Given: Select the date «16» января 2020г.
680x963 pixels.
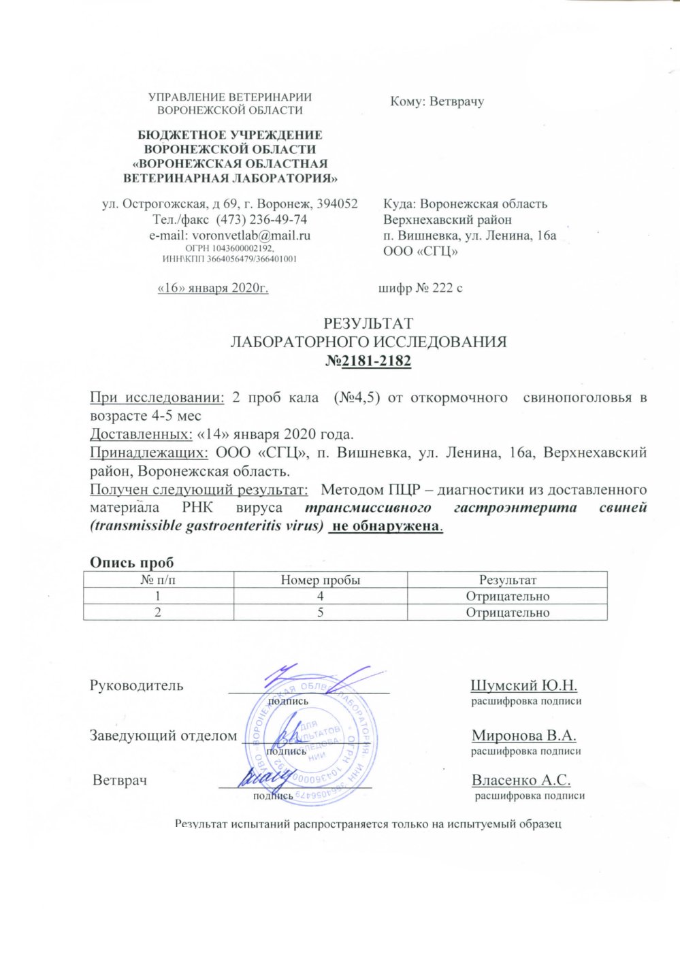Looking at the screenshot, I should click(x=213, y=288).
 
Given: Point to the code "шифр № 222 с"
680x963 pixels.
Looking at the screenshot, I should click(x=420, y=288).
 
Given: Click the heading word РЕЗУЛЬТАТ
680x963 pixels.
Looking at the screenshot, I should click(x=368, y=324).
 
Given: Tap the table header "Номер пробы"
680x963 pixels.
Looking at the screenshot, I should click(x=320, y=580).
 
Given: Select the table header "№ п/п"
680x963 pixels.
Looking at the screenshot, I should click(x=158, y=580).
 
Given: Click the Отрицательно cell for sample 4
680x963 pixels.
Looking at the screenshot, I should click(x=507, y=596).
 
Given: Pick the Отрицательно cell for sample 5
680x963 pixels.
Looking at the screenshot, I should click(x=507, y=613).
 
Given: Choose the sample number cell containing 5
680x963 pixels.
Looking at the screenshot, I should click(x=320, y=613).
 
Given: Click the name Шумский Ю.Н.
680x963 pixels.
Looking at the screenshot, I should click(x=523, y=685).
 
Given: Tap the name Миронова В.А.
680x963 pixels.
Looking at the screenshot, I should click(x=523, y=736).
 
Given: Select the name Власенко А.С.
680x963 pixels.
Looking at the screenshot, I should click(x=521, y=780).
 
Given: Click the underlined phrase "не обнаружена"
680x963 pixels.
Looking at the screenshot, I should click(x=385, y=526).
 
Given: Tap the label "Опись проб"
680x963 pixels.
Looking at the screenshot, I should click(x=132, y=562).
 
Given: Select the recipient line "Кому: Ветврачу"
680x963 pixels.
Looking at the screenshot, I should click(x=436, y=102).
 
